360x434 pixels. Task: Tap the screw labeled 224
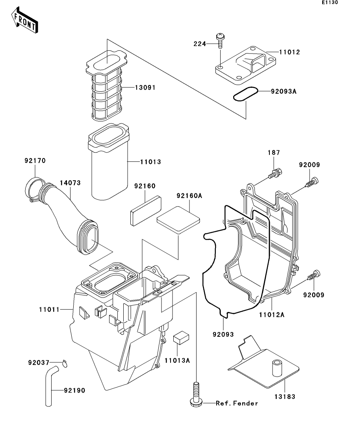point(220,41)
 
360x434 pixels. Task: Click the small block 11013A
point(180,338)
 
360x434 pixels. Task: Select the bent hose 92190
point(50,386)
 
